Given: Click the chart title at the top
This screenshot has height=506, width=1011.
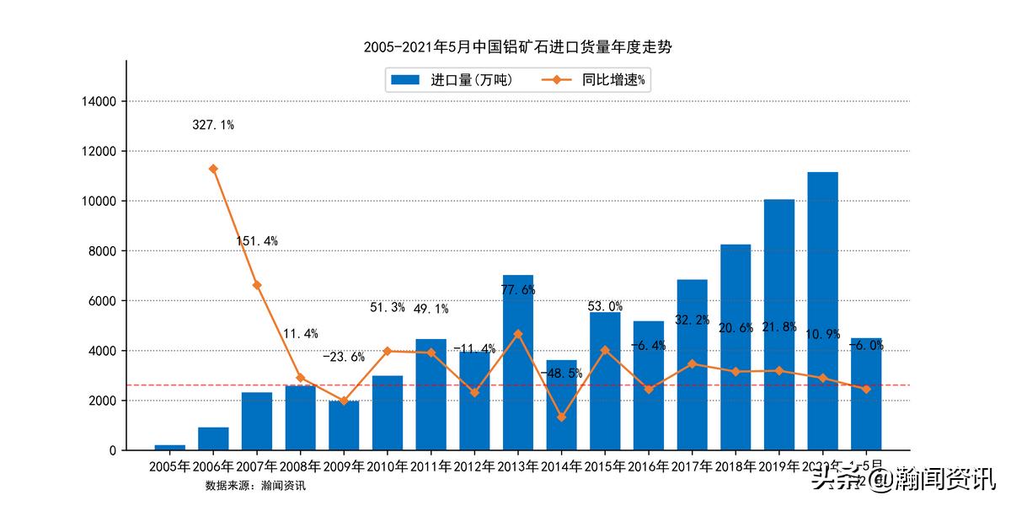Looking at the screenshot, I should (x=517, y=47).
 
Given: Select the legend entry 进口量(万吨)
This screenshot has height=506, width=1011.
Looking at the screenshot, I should (x=452, y=80).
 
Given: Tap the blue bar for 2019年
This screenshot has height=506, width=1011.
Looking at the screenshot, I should (x=779, y=325).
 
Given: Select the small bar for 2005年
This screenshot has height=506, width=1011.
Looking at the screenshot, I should (x=170, y=447).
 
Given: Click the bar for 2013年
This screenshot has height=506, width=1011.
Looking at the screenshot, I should (x=518, y=363).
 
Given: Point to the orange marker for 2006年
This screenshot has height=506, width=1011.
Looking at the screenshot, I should (x=213, y=169).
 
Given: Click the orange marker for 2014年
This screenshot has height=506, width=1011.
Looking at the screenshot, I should (x=562, y=417).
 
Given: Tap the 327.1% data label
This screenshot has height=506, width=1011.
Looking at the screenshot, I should (x=213, y=125).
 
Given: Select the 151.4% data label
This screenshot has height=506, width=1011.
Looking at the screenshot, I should (x=257, y=241).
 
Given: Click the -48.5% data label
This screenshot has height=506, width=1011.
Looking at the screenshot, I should (x=562, y=373).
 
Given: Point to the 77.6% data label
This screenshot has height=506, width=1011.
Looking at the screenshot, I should (x=518, y=289).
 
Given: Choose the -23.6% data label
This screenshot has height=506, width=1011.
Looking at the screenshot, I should (x=344, y=357).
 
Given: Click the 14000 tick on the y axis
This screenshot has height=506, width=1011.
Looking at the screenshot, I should (x=99, y=101).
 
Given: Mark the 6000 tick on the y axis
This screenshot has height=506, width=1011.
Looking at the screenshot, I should (x=102, y=301).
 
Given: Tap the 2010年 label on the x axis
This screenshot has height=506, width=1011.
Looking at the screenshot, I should (x=388, y=466).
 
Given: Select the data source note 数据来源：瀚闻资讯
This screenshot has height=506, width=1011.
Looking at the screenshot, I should (x=255, y=486).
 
